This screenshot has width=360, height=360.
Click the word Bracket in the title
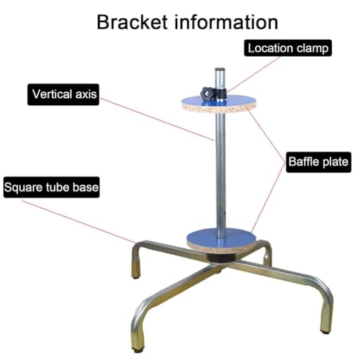pyautogui.click(x=132, y=22)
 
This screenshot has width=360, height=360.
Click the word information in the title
pyautogui.click(x=226, y=22)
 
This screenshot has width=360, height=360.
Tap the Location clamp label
pyautogui.click(x=288, y=48)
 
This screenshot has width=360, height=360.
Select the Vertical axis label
pyautogui.click(x=63, y=94)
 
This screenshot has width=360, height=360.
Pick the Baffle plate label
pyautogui.click(x=318, y=162)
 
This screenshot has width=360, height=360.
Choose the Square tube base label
pyautogui.click(x=51, y=187)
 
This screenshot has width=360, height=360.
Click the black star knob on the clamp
pyautogui.click(x=207, y=94)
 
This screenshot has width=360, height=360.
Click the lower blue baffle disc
pyautogui.click(x=221, y=240)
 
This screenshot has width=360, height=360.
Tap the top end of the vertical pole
pyautogui.click(x=220, y=69)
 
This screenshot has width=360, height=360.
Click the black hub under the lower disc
pyautogui.click(x=221, y=258)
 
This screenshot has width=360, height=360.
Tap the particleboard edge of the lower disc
pyautogui.click(x=221, y=248)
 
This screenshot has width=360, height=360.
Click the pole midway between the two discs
pyautogui.click(x=220, y=171)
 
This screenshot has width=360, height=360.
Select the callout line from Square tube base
pyautogui.click(x=78, y=221)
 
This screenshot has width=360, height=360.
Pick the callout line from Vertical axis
pyautogui.click(x=156, y=119)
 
